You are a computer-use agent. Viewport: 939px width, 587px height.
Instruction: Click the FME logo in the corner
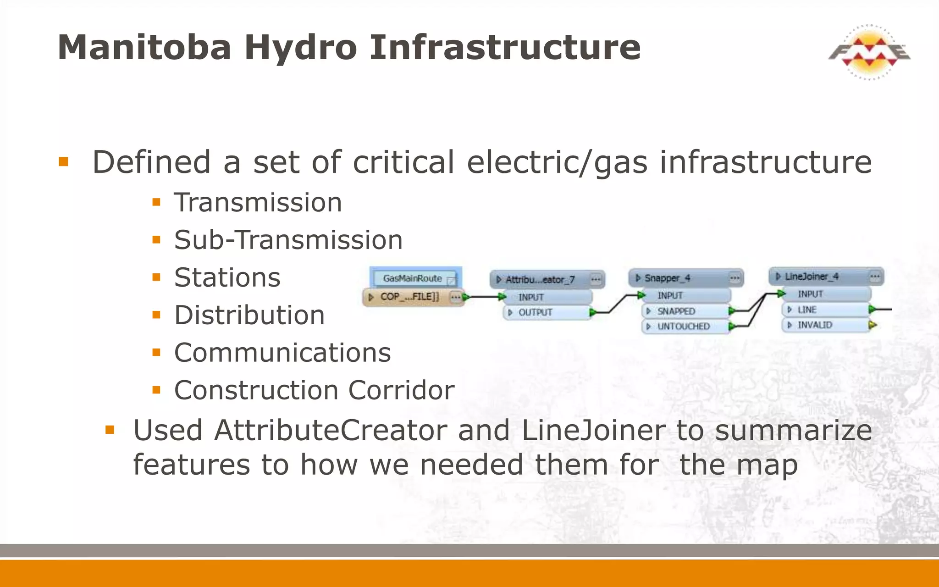[x=869, y=52]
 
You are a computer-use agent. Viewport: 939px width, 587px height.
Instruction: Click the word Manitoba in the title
[x=144, y=48]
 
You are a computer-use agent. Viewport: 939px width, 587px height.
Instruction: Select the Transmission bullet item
[x=258, y=203]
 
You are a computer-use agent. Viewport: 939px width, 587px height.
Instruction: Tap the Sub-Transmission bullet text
[x=288, y=240]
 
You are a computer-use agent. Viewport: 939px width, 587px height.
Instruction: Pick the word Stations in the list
[x=227, y=278]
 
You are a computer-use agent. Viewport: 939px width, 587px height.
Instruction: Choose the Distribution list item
[x=249, y=316]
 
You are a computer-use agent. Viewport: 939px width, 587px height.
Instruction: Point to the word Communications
[x=282, y=353]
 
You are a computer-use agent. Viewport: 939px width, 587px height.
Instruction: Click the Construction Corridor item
[x=314, y=391]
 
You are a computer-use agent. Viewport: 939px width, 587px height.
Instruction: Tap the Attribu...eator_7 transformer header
[x=541, y=279]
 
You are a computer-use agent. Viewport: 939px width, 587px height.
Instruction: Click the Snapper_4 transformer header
[x=668, y=278]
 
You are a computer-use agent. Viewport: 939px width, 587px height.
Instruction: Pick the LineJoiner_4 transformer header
[x=812, y=277]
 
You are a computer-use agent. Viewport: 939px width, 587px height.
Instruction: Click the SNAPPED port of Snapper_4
[x=676, y=311]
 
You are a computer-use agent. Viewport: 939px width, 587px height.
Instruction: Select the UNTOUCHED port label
[x=683, y=327]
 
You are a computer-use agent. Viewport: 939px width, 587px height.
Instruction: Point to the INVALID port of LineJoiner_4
[x=815, y=325]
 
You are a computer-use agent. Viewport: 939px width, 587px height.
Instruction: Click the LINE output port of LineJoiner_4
[x=807, y=310]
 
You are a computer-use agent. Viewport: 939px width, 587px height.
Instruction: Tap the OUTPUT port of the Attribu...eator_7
[x=535, y=313]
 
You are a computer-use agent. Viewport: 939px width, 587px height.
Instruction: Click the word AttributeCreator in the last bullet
[x=330, y=431]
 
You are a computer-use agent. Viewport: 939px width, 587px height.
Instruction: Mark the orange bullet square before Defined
[x=64, y=162]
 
